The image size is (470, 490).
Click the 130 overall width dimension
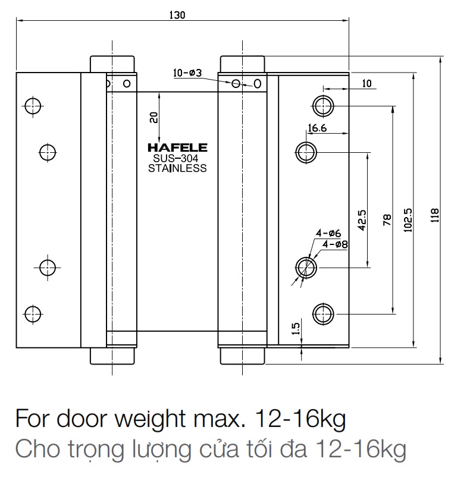pos(177,16)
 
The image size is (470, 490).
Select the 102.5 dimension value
pos(409,219)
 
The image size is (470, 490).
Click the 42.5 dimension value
pos(362,219)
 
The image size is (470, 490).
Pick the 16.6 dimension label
pos(317,128)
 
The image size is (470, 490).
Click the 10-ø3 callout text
pos(187,73)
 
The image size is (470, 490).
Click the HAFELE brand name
pos(177,147)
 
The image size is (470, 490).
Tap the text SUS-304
pos(177,158)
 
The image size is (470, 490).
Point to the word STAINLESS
pos(177,168)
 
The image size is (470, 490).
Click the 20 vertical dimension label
pos(154,118)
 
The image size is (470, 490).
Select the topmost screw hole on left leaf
pos(32,106)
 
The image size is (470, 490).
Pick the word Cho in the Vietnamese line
pos(36,449)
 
